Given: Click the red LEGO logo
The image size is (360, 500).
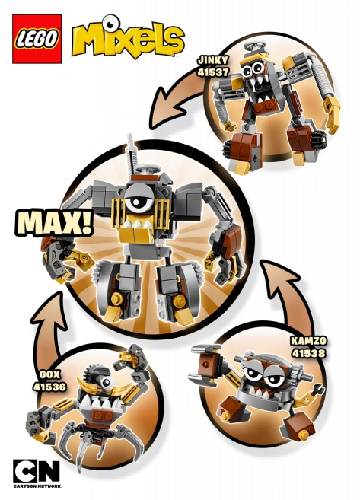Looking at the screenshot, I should click(37, 38).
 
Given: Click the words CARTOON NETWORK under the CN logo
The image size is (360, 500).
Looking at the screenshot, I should click(37, 485).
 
